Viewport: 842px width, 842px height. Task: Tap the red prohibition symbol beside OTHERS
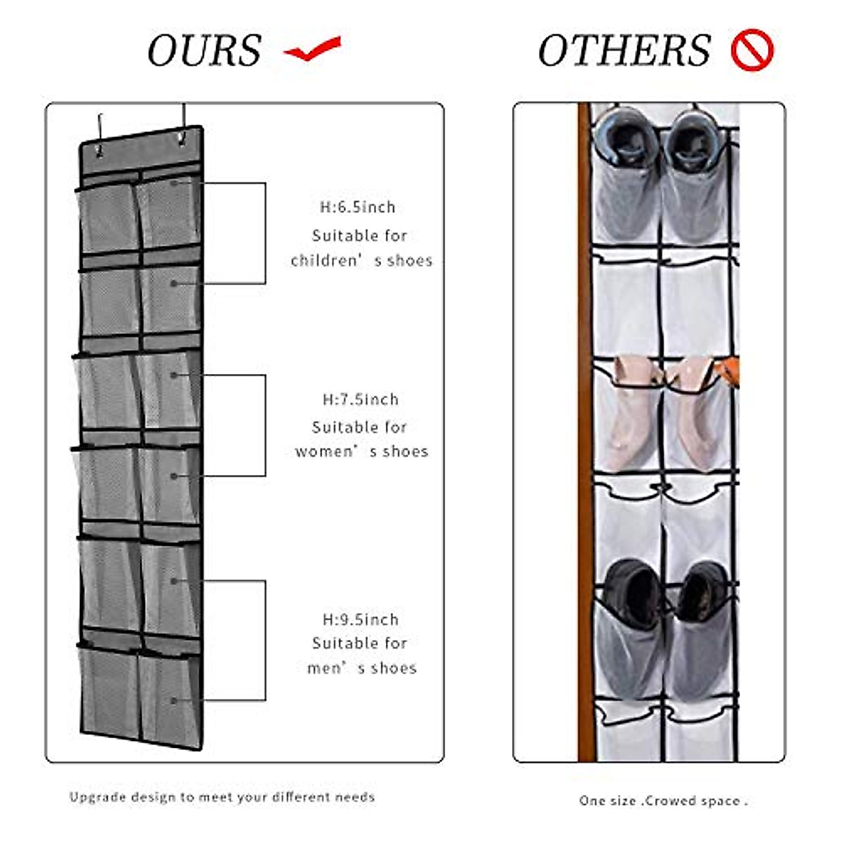[x=751, y=51]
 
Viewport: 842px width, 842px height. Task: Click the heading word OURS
[x=204, y=51]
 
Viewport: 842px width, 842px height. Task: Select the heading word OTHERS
[x=624, y=51]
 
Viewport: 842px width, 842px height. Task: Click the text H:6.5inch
[x=358, y=207]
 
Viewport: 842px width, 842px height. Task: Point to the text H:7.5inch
[x=361, y=399]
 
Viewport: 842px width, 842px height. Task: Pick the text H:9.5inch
[x=361, y=620]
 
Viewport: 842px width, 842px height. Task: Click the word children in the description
[x=325, y=260]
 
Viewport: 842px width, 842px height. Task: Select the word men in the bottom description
[x=324, y=668]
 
